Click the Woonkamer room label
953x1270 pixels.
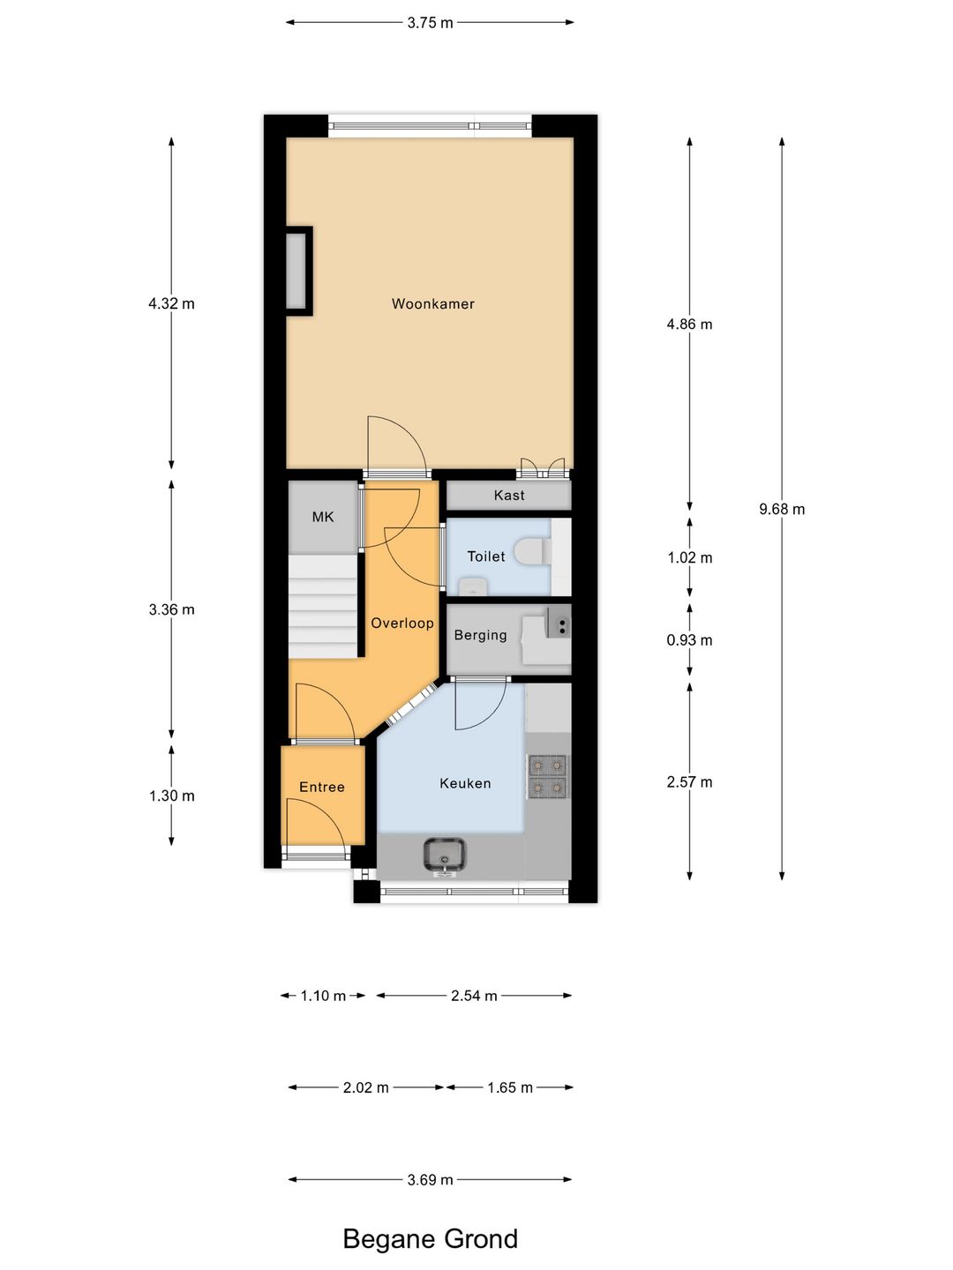432,304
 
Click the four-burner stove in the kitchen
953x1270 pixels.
547,776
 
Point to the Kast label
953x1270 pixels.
509,496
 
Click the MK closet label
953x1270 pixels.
323,517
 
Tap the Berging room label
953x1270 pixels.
480,635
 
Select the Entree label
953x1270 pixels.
321,787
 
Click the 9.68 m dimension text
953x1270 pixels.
782,509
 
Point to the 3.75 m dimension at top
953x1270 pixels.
430,23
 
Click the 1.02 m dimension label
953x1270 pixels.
689,557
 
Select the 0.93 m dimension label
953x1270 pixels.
689,640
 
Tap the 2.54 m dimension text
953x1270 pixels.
474,996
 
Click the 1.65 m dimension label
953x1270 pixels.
510,1087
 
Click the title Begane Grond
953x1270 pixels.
430,1239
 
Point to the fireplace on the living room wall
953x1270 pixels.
298,271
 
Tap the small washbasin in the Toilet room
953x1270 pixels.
473,586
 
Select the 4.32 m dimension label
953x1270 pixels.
171,303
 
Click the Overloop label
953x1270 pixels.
402,624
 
